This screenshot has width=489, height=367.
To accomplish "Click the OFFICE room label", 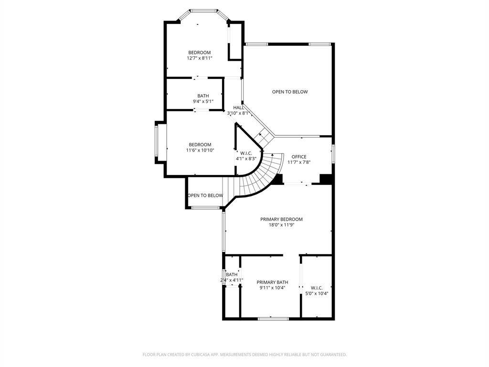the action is pos(299,157).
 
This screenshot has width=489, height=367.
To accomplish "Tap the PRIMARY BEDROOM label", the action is pos(281,219).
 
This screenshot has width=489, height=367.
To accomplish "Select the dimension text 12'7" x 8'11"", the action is pos(200,58).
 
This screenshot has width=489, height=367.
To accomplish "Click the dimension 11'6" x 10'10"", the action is pos(200,150).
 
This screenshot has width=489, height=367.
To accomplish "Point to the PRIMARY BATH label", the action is pos(272,282).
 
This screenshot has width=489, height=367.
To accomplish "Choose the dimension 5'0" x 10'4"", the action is pos(317,293).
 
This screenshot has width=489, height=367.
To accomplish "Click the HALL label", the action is pos(239,108).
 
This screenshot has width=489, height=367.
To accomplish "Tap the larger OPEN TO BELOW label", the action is pos(290,92).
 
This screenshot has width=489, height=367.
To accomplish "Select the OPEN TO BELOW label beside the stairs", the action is pos(205,195).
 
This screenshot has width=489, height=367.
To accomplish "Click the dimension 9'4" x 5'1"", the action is pos(203,101).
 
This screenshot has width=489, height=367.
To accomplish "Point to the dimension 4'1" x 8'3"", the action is pos(246,159).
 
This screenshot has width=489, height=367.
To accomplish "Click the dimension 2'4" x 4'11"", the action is pos(232,280).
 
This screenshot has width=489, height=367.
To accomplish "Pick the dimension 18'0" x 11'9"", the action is pos(281,225).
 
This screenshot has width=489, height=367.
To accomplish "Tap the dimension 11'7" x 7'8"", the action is pos(299,162).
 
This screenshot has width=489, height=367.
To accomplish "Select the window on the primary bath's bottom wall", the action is pos(273,319).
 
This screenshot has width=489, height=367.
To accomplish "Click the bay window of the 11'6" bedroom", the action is pos(157,142).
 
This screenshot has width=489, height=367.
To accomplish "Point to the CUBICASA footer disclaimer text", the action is pos(244,355).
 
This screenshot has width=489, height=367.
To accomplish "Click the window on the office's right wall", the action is pos(333,154).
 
